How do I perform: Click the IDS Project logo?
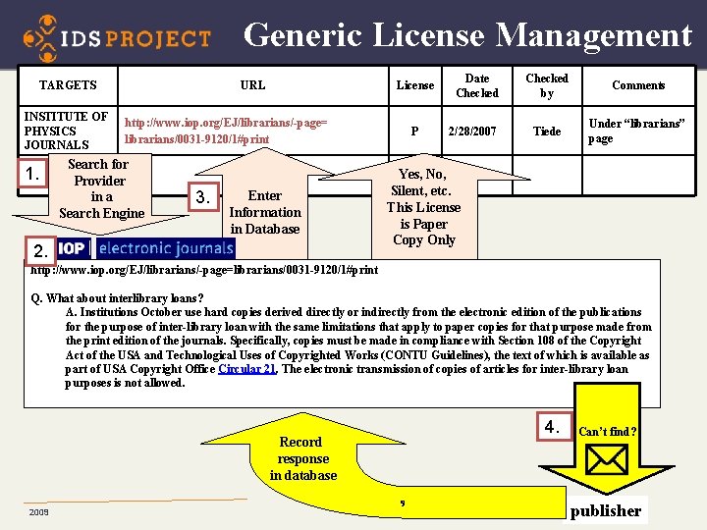tap(117, 37)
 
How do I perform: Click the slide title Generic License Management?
tap(467, 34)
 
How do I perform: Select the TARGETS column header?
tap(68, 85)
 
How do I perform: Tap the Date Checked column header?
tap(477, 85)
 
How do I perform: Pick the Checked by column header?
tap(547, 85)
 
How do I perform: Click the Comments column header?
tap(638, 85)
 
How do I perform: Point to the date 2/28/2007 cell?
tap(472, 132)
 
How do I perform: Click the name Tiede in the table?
tap(547, 132)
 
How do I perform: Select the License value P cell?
tap(414, 132)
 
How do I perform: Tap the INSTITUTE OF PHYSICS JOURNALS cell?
tap(67, 131)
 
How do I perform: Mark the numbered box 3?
tap(202, 198)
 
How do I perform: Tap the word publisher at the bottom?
tap(606, 510)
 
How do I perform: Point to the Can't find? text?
tap(607, 431)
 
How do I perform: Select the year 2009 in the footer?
tap(39, 512)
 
